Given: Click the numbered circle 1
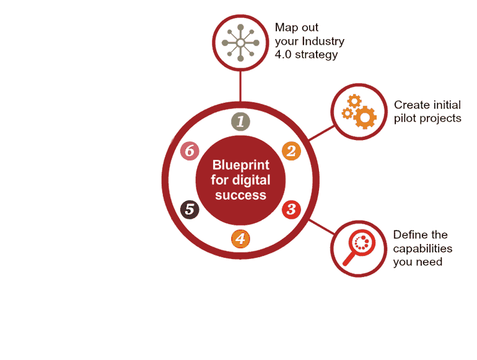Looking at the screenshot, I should pos(240,121).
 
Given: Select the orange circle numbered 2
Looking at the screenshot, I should pos(291,151).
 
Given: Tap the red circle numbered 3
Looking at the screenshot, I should pos(291,209).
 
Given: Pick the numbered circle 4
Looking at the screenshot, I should pos(240,239).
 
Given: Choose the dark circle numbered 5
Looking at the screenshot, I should pos(190,209).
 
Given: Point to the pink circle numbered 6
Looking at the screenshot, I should pos(190,151).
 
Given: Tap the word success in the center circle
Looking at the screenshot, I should pos(240,195).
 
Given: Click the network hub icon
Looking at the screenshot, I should pos(240,42).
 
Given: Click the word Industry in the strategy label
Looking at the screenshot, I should pos(324,41).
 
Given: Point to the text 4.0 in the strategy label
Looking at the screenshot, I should pos(284,55).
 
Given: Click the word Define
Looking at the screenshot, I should pos(411,235).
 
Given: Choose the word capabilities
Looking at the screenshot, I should pos(422,248).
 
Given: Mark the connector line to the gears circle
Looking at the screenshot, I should pos(322,131).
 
